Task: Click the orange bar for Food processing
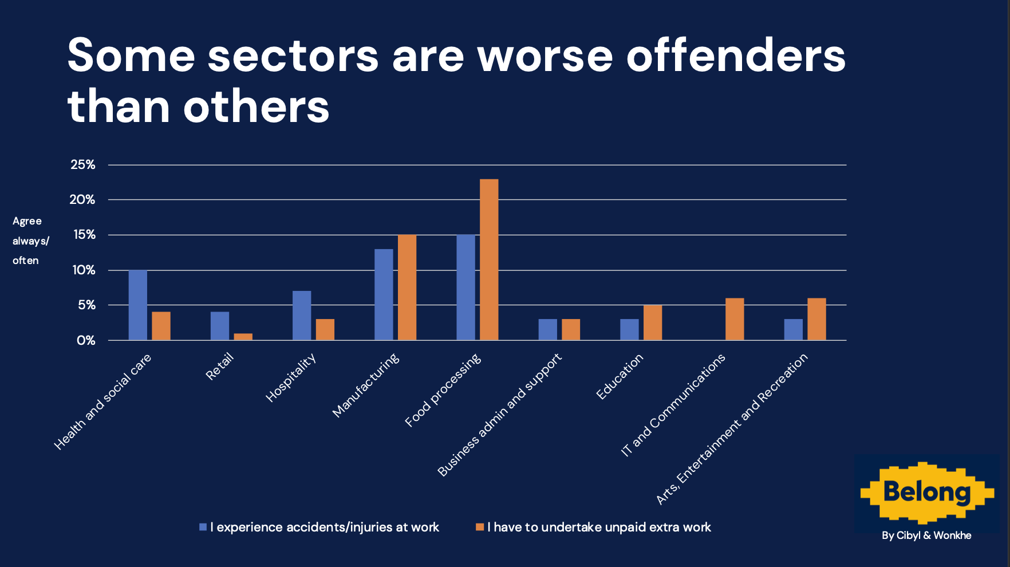(489, 259)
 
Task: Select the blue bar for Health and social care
(138, 305)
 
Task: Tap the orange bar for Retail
(243, 337)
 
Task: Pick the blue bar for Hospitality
(302, 316)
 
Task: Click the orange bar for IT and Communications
(735, 319)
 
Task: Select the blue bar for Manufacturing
(384, 294)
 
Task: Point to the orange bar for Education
(653, 322)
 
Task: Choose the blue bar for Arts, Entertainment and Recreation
(794, 329)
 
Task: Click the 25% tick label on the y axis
(83, 165)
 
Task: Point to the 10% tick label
(84, 270)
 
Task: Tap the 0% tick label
(86, 341)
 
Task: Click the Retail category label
(220, 367)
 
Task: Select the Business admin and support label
(500, 415)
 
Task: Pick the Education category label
(620, 376)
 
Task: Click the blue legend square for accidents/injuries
(203, 527)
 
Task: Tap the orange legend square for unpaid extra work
(480, 527)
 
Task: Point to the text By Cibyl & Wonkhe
(926, 535)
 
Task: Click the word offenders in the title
(736, 56)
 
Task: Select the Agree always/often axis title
(30, 241)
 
